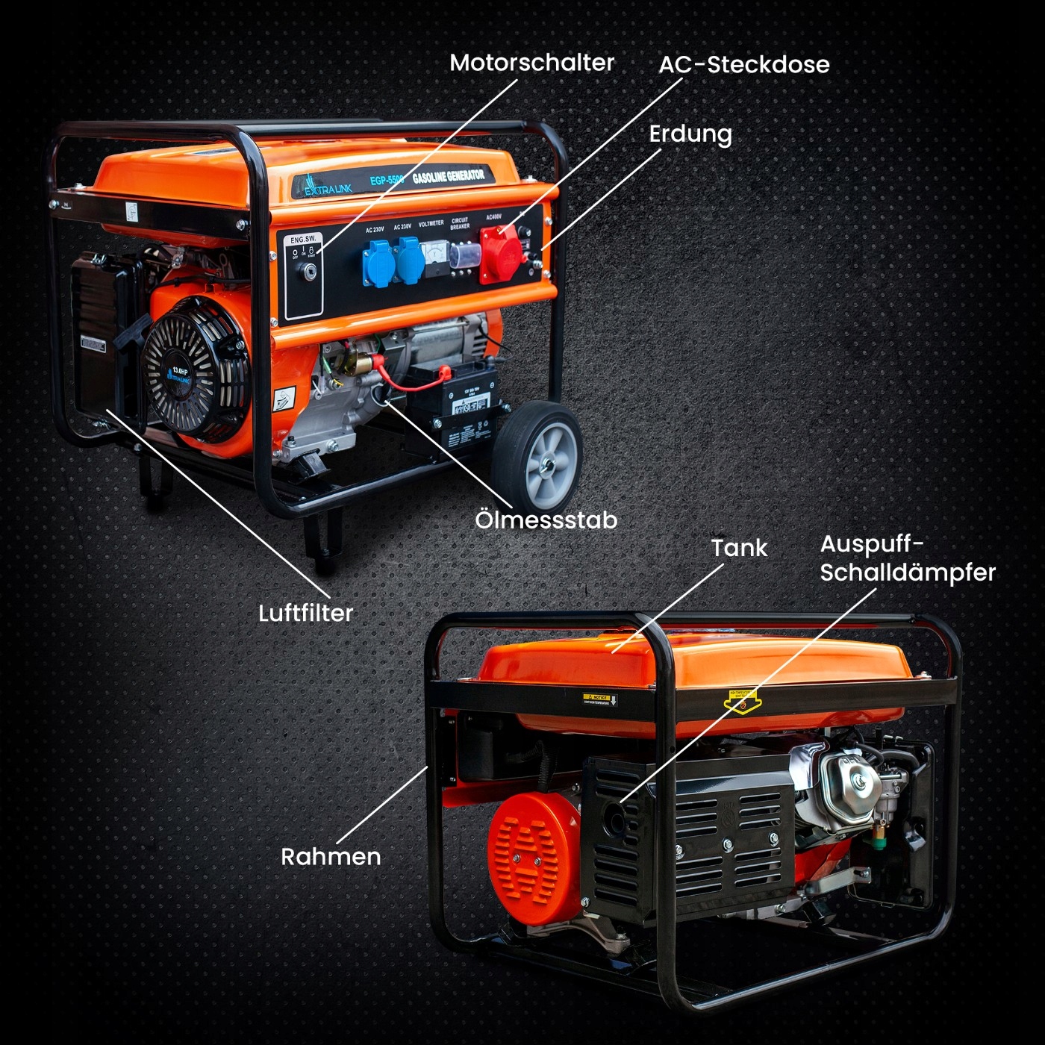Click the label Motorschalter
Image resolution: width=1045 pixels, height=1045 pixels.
[x=531, y=63]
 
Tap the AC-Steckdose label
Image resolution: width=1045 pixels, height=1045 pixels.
[x=743, y=65]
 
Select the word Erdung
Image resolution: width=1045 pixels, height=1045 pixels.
[x=690, y=134]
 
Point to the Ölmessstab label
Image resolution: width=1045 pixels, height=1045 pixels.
[x=546, y=520]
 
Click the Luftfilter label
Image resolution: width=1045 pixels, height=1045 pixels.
[x=305, y=613]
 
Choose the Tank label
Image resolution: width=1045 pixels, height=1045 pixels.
[x=738, y=548]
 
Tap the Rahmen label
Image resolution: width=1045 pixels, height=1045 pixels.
[x=331, y=856]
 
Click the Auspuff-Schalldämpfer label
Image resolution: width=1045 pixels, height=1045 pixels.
[x=907, y=558]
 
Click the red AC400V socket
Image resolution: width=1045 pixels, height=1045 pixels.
[x=500, y=252]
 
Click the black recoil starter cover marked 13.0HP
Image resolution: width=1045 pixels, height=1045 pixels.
[x=196, y=373]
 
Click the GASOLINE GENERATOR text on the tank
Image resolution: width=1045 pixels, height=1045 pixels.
[x=448, y=177]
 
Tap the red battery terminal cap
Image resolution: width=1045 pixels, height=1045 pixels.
[x=443, y=371]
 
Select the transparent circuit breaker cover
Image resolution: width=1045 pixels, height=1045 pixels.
[x=464, y=255]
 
